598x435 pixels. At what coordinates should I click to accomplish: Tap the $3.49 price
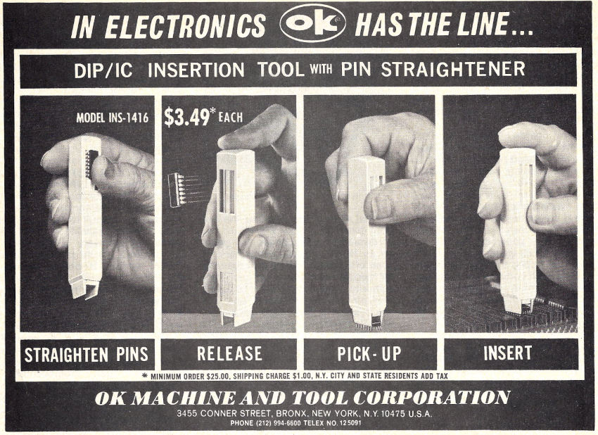pyautogui.click(x=186, y=117)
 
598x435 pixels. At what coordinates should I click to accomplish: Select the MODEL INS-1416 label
pyautogui.click(x=112, y=118)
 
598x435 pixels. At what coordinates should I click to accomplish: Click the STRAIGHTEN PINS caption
pyautogui.click(x=87, y=355)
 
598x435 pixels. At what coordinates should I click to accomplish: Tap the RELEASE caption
pyautogui.click(x=229, y=354)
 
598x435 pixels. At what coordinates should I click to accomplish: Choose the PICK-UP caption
pyautogui.click(x=369, y=354)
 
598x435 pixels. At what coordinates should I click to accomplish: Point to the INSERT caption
pyautogui.click(x=508, y=353)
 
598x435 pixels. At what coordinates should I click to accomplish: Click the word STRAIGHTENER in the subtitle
pyautogui.click(x=453, y=69)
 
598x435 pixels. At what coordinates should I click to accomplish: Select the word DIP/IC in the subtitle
pyautogui.click(x=103, y=70)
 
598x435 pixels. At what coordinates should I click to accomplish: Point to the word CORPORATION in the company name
pyautogui.click(x=431, y=397)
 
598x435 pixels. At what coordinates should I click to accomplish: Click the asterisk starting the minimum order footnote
pyautogui.click(x=144, y=376)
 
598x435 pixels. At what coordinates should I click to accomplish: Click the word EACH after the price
pyautogui.click(x=231, y=117)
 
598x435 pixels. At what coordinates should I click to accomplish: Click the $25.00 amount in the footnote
pyautogui.click(x=218, y=377)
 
